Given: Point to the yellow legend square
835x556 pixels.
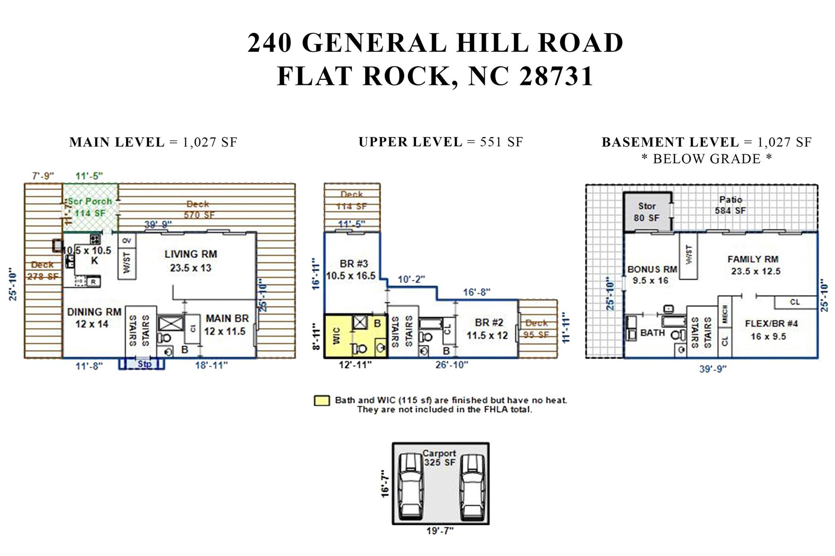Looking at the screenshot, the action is [322, 401].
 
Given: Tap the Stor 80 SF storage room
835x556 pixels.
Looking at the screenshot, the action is [647, 212].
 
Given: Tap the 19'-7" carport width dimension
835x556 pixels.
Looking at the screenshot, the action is [440, 531].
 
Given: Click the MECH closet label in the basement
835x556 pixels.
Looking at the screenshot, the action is [725, 314].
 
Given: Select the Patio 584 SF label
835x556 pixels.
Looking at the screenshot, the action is [730, 205].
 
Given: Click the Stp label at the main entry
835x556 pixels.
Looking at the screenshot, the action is [144, 364].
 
